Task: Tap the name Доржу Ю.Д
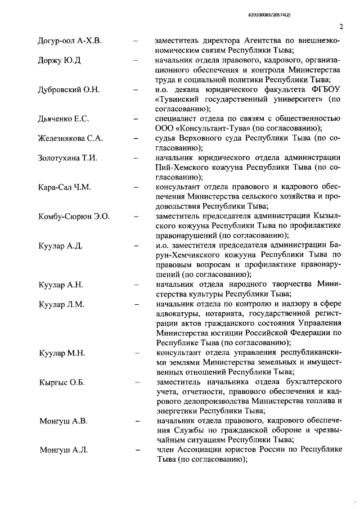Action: tap(60, 60)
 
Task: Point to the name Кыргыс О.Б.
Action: tap(62, 382)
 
